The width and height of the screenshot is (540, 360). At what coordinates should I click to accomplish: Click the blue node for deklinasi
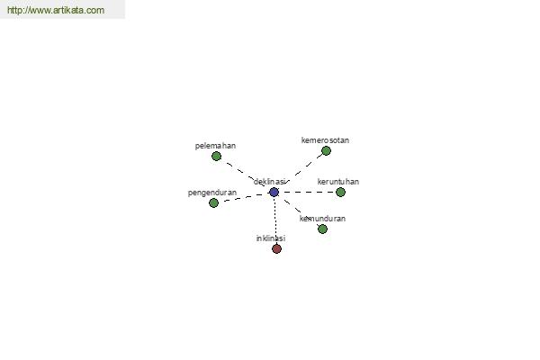(274, 193)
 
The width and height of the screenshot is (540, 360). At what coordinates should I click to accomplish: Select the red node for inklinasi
(276, 248)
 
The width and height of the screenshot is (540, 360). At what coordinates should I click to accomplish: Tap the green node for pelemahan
(216, 156)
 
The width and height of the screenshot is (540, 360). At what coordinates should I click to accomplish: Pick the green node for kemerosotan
(326, 150)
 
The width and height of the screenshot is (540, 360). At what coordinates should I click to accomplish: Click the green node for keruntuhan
(340, 192)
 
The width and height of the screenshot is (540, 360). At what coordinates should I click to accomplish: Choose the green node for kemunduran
(322, 229)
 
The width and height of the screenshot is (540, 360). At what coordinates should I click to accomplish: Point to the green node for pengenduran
(213, 202)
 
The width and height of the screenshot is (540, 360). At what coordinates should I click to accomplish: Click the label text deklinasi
(270, 182)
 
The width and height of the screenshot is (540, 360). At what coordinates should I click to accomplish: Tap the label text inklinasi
(271, 238)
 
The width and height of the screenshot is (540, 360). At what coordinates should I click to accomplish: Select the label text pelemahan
(216, 146)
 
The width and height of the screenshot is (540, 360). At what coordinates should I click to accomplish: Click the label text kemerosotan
(325, 140)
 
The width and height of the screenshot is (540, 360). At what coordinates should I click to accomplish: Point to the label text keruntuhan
(338, 182)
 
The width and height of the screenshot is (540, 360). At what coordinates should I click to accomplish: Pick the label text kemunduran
(322, 219)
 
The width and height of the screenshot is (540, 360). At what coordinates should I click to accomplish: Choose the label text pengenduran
(212, 193)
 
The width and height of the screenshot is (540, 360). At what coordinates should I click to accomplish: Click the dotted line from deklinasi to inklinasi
(275, 220)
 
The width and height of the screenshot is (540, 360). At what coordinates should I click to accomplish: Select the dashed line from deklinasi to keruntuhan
(307, 192)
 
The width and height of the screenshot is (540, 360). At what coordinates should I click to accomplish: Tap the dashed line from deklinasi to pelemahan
(245, 175)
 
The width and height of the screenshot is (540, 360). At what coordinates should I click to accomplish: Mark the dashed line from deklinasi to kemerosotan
(300, 172)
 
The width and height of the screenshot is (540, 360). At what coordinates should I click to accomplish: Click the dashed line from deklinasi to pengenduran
(244, 197)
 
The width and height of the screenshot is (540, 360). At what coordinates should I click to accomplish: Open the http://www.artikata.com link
(56, 10)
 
